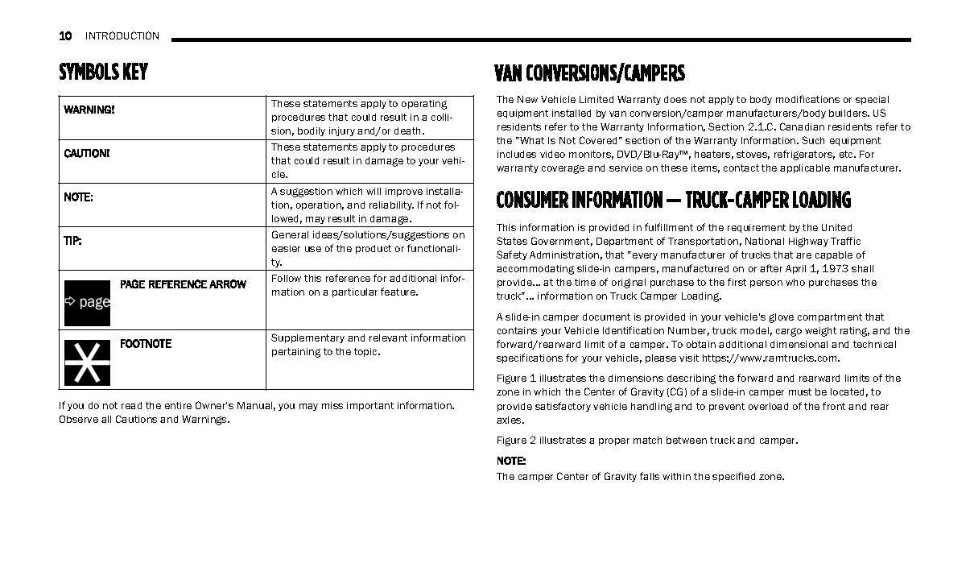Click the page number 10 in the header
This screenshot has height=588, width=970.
pos(65,35)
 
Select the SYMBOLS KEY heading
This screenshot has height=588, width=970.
pos(103,72)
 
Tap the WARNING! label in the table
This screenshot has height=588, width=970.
pos(89,110)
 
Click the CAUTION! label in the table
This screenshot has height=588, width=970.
pos(87,153)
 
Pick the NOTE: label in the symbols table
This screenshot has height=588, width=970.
pos(78,197)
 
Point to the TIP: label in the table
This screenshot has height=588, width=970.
pos(72,241)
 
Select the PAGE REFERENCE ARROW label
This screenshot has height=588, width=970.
pos(183,284)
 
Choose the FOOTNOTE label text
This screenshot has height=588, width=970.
pos(146,344)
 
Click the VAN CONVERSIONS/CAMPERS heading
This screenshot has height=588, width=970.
pos(590,74)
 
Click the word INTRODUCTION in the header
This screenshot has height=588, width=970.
pos(122,35)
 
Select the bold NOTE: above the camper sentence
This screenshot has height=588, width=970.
pos(510,462)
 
